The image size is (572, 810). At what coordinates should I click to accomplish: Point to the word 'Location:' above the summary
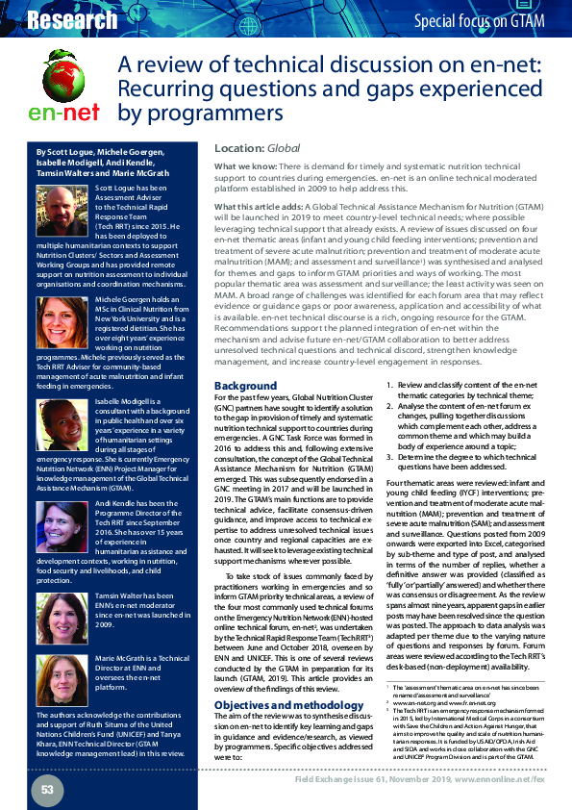(x=239, y=149)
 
